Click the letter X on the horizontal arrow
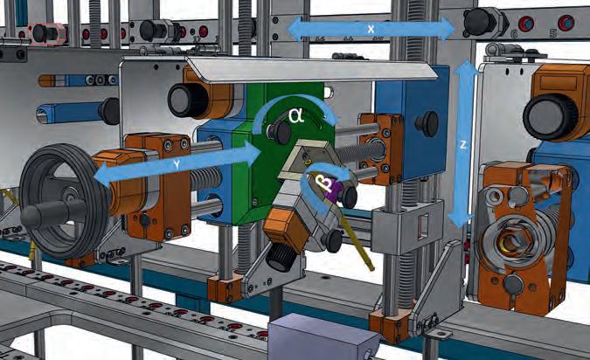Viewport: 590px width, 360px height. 371,29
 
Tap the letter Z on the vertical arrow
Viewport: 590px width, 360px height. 462,144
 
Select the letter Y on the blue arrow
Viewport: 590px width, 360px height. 177,164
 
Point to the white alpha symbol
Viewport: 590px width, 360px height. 295,116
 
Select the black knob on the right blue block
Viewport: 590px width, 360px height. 427,124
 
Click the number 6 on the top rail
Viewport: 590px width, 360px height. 513,34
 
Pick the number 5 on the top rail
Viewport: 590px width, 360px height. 552,33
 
